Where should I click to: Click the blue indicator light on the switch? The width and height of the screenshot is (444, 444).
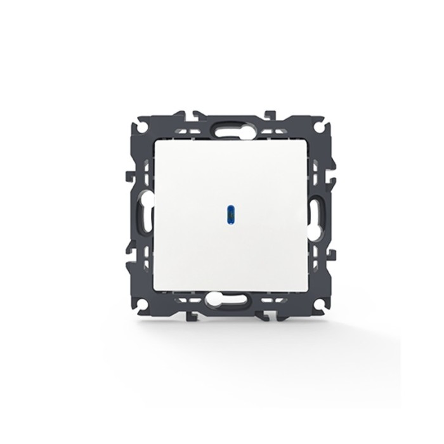coord(228,214)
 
